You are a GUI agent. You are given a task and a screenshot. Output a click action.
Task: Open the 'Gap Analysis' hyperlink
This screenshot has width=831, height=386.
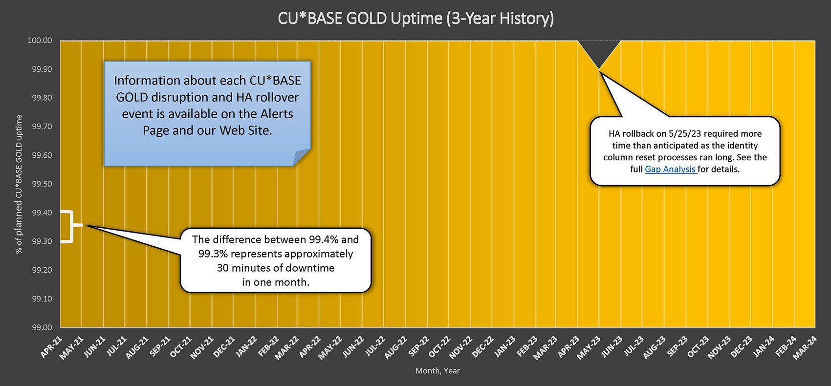tap(670, 170)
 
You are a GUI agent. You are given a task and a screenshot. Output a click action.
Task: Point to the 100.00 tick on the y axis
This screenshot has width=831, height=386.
tap(40, 41)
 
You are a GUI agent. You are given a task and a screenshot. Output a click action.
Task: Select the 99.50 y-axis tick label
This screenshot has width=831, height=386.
tap(42, 184)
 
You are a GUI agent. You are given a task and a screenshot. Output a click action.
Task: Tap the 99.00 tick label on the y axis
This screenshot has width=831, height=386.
tap(42, 327)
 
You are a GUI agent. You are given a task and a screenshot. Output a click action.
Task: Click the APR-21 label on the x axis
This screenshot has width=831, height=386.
tap(52, 347)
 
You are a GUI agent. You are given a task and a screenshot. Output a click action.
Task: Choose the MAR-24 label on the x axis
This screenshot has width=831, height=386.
tap(806, 347)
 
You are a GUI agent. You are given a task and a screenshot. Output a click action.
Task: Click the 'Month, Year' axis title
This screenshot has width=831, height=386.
tap(437, 371)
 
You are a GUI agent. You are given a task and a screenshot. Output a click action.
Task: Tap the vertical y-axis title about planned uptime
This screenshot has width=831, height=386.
tap(19, 184)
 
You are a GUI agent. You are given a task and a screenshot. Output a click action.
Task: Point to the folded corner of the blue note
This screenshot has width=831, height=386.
tap(301, 157)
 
